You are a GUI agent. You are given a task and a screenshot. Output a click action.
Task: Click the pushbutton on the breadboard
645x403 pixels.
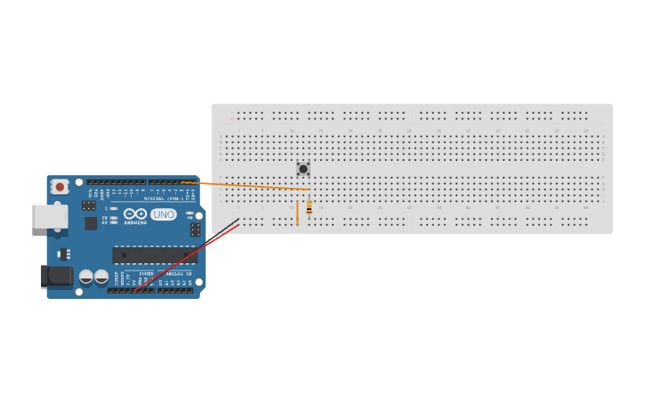click(x=303, y=168)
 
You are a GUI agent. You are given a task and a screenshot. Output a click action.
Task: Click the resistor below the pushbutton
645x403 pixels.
click(x=309, y=208)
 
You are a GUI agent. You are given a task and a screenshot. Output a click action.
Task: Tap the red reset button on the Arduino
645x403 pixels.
click(x=60, y=186)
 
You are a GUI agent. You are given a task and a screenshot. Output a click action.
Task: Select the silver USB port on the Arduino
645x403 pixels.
click(x=47, y=216)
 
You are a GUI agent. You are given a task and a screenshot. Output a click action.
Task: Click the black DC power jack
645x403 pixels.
click(x=56, y=277)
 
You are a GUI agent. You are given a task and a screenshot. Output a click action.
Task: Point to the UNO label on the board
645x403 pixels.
click(x=164, y=214)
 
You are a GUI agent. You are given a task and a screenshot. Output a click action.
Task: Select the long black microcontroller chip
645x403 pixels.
click(x=154, y=255)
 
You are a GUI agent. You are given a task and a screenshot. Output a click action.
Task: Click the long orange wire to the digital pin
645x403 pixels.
click(x=249, y=186)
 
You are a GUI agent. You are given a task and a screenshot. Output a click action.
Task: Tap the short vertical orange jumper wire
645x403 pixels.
click(x=298, y=213)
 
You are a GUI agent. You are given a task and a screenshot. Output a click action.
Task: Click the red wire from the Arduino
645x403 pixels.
click(x=187, y=258)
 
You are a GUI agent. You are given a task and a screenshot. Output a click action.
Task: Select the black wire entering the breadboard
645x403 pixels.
click(x=225, y=226)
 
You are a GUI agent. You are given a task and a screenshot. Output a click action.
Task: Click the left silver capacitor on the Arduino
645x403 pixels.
click(x=86, y=277)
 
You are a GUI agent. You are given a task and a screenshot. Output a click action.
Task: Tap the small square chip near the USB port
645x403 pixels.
click(x=91, y=223)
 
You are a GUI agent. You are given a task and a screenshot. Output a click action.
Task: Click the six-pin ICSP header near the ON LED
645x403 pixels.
click(x=195, y=229)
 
